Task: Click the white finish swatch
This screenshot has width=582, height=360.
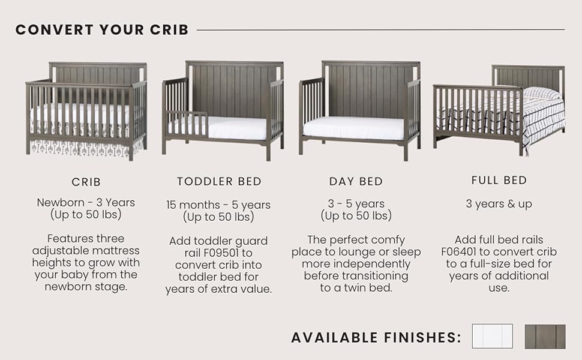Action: pos(492,336)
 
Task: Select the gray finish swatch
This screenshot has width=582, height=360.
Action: pos(545,337)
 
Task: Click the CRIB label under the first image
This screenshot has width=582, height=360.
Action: pos(86,182)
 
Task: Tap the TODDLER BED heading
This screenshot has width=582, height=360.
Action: pos(220,181)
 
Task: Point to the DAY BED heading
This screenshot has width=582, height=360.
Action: pos(356,181)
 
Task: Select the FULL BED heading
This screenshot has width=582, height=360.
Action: pos(499,181)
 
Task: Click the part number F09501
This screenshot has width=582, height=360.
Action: pos(221,253)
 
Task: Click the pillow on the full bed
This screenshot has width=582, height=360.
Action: pos(542,93)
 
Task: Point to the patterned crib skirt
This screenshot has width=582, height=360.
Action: pos(86,148)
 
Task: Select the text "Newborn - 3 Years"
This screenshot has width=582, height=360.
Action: pos(86,203)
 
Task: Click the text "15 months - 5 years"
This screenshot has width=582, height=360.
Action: pos(218,205)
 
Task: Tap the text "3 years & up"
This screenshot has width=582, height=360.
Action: pos(499,204)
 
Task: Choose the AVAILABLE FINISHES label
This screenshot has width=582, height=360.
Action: pos(376,337)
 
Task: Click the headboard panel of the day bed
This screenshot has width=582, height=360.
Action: pos(371,91)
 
